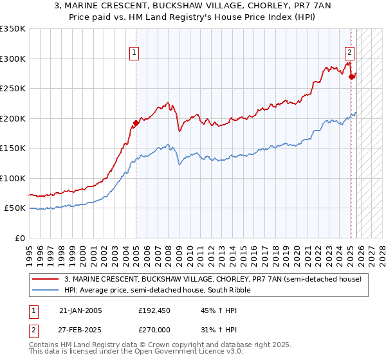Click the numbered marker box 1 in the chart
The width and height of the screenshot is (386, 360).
(135, 53)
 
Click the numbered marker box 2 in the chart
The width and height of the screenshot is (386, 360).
(349, 53)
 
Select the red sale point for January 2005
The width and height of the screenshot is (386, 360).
(136, 123)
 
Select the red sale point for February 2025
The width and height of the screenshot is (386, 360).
(351, 77)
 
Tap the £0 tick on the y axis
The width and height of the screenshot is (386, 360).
(21, 238)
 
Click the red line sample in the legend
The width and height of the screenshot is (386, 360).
(45, 279)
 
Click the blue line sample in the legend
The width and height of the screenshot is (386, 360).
(45, 290)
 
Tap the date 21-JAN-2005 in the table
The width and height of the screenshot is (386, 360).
(80, 310)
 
